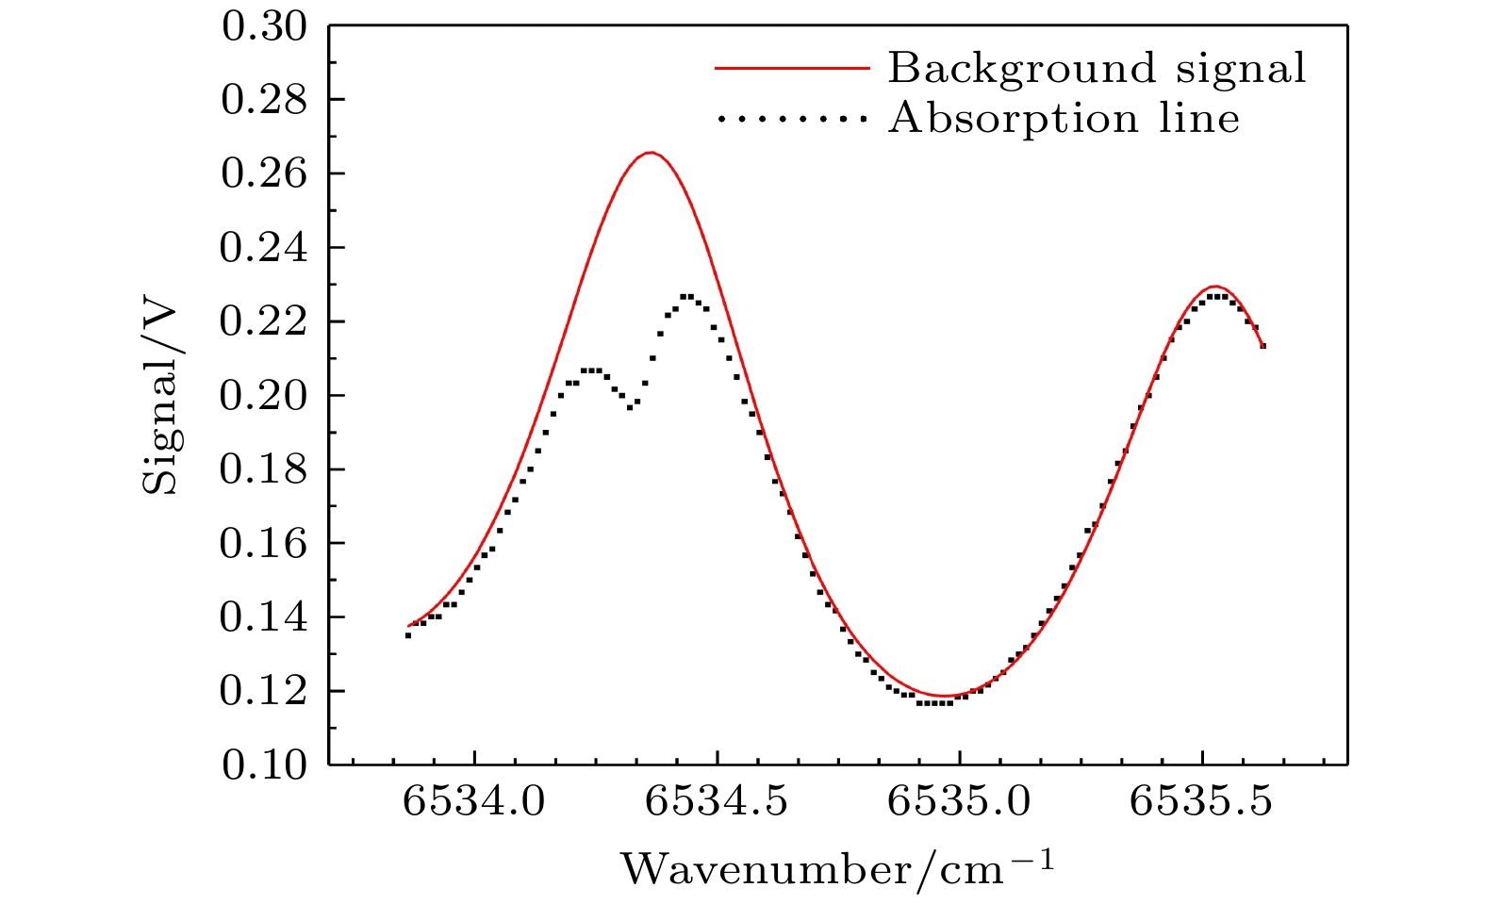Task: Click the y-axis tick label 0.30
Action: pyautogui.click(x=264, y=26)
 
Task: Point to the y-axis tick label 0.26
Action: pyautogui.click(x=264, y=174)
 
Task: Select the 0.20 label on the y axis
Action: pyautogui.click(x=264, y=396)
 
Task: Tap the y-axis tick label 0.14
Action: pyautogui.click(x=264, y=617)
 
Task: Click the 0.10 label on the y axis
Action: pyautogui.click(x=264, y=765)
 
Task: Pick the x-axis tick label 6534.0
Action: pyautogui.click(x=474, y=803)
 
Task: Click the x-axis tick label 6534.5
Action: pyautogui.click(x=717, y=803)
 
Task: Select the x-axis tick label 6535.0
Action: pyautogui.click(x=959, y=803)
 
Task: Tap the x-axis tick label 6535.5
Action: pyautogui.click(x=1201, y=803)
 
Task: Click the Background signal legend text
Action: pyautogui.click(x=1097, y=68)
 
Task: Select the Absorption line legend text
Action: pyautogui.click(x=1064, y=119)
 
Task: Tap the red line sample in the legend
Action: pyautogui.click(x=790, y=68)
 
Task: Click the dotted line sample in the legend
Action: pyautogui.click(x=790, y=119)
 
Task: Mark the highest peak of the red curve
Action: pyautogui.click(x=651, y=153)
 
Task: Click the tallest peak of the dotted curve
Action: pyautogui.click(x=686, y=296)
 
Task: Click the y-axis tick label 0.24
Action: pyautogui.click(x=264, y=248)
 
